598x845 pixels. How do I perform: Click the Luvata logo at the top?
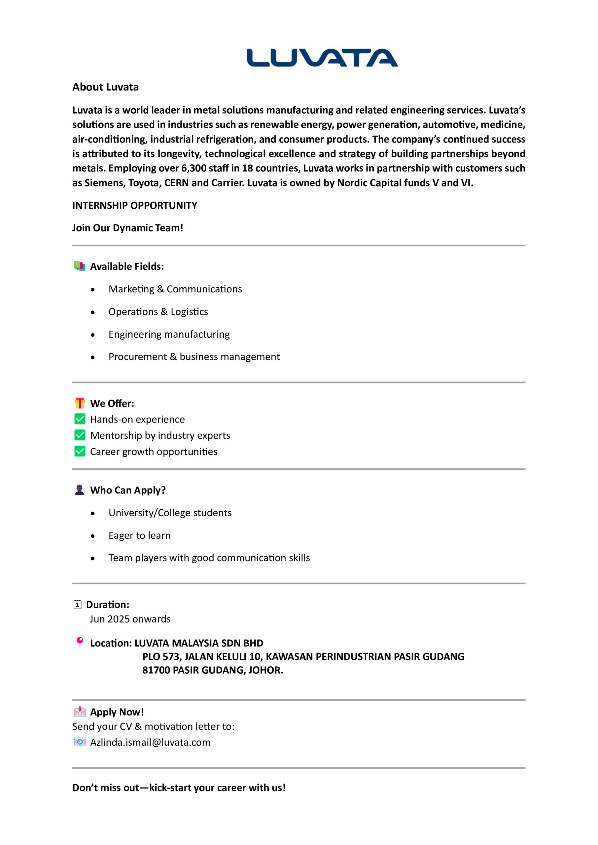pos(322,58)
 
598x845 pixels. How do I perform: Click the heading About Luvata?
pos(105,87)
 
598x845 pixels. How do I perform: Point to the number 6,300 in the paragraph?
pos(194,168)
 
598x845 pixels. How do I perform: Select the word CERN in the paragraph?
pos(176,183)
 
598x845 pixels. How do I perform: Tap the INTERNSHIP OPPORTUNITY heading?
pos(134,205)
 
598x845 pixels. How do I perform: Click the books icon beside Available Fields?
pos(80,266)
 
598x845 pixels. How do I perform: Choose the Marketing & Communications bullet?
pos(175,289)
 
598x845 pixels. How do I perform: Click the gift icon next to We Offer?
pos(80,403)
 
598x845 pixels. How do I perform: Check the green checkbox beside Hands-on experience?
pos(80,419)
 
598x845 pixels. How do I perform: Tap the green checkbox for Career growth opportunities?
pos(80,451)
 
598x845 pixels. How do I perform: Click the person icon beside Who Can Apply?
pos(80,490)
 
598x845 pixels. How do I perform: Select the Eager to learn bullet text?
pos(139,535)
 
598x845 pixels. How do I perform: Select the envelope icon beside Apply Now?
pos(80,712)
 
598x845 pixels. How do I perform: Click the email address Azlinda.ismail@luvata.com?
pos(150,742)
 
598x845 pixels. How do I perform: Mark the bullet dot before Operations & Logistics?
pos(93,313)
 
